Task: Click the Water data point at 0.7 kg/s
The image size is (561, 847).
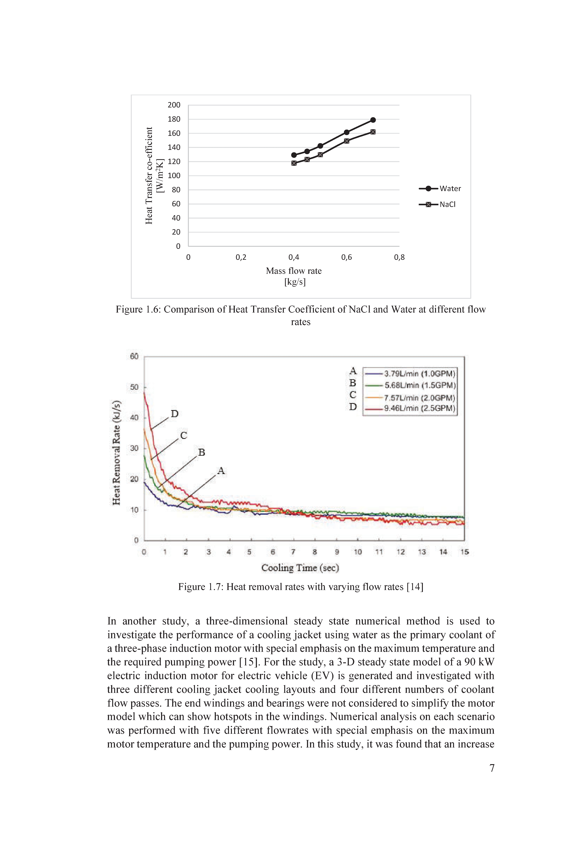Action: coord(373,120)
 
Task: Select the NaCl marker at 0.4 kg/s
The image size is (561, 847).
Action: coord(294,163)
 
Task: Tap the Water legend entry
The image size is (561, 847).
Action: coord(440,188)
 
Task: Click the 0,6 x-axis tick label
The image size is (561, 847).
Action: coord(346,257)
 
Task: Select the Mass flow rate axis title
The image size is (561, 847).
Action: coord(294,276)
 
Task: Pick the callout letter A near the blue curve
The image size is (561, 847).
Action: coord(221,471)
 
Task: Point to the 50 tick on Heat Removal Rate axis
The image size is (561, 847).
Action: coord(134,387)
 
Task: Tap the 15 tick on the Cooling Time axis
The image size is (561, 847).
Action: coord(464,552)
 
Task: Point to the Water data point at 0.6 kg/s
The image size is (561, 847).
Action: coord(346,132)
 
